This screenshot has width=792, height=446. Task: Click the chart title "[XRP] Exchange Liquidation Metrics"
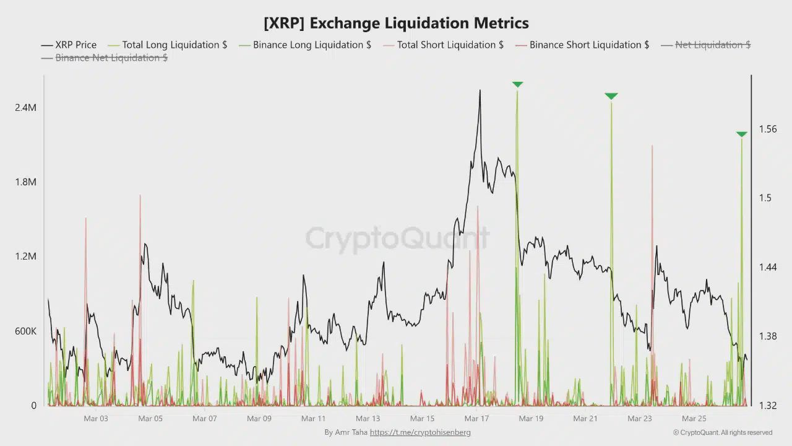(396, 24)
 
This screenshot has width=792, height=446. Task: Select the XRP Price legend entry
(69, 45)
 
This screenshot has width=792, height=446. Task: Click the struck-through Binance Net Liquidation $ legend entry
(104, 58)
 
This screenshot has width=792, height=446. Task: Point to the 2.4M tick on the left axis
(25, 108)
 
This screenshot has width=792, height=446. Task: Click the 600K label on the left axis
(25, 331)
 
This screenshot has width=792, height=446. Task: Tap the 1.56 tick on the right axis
(767, 129)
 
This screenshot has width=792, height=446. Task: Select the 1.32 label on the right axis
(767, 406)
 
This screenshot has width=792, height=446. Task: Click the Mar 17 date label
(476, 419)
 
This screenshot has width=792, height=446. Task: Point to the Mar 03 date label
(95, 419)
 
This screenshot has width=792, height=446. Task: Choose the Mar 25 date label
(694, 419)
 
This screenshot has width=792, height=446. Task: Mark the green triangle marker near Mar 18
(517, 84)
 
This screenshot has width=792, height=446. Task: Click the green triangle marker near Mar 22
(611, 96)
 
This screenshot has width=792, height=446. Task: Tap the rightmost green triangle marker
(741, 134)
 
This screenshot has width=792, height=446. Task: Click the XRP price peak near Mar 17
(480, 91)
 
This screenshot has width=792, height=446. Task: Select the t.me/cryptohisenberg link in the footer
(420, 432)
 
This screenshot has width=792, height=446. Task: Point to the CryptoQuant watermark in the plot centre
(396, 238)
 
